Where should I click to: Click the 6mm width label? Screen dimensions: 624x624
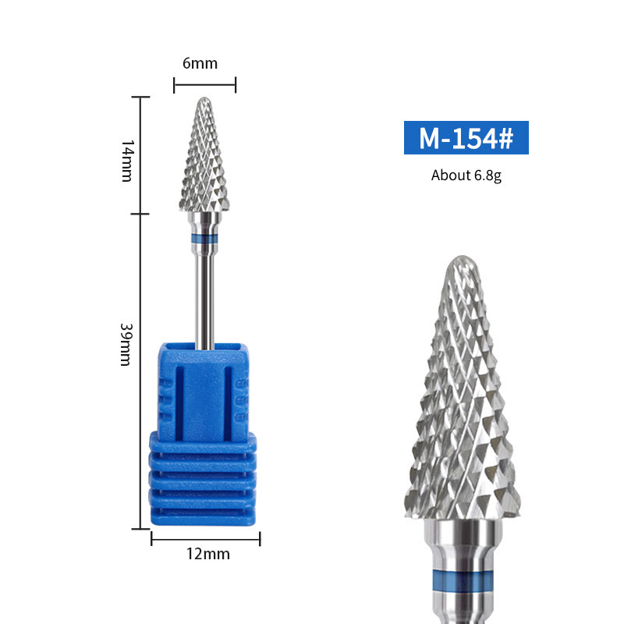(200, 63)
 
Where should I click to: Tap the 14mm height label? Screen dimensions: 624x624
(126, 161)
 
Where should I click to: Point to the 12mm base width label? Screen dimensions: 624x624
(207, 554)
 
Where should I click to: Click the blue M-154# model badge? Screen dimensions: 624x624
(466, 137)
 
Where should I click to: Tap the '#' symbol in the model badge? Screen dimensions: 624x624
(505, 138)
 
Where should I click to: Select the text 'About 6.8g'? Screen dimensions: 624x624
(466, 175)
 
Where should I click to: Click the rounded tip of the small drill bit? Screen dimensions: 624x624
(204, 101)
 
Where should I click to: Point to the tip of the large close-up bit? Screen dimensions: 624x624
(462, 260)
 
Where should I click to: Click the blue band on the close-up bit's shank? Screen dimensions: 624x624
(462, 581)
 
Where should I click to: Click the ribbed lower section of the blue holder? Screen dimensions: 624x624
(204, 480)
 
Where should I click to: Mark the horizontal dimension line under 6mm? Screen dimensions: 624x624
(204, 85)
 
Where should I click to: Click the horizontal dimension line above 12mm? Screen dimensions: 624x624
(206, 538)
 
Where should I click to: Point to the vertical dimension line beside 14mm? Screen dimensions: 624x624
(140, 156)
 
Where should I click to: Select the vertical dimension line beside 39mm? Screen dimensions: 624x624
(140, 370)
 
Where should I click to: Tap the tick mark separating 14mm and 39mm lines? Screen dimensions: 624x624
(140, 213)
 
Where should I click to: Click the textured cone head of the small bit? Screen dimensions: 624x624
(204, 164)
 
